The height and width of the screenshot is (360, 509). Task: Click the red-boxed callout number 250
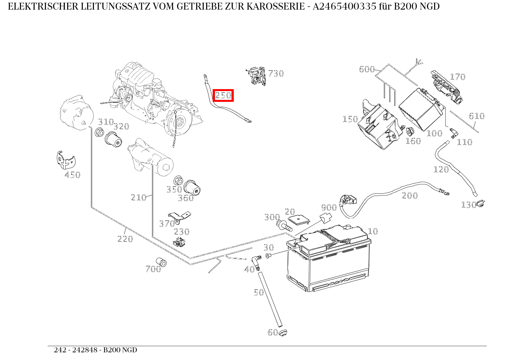(223, 95)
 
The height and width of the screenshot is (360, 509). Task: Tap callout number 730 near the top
(276, 73)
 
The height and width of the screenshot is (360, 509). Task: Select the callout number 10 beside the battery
(373, 231)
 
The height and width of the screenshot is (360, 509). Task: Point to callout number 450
(72, 175)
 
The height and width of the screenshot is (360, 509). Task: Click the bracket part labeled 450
(64, 160)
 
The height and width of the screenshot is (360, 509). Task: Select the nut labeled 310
(99, 133)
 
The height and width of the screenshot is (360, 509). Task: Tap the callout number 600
(367, 69)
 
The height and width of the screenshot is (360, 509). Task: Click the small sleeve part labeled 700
(161, 262)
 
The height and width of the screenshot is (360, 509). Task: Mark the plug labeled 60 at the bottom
(283, 332)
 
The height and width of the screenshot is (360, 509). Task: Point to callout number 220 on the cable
(125, 239)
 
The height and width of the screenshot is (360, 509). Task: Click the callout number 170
(457, 77)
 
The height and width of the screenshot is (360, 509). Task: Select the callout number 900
(329, 207)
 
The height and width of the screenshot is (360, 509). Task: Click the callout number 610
(476, 116)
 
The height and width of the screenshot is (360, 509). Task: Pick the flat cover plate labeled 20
(299, 220)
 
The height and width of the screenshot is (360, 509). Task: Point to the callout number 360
(186, 198)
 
